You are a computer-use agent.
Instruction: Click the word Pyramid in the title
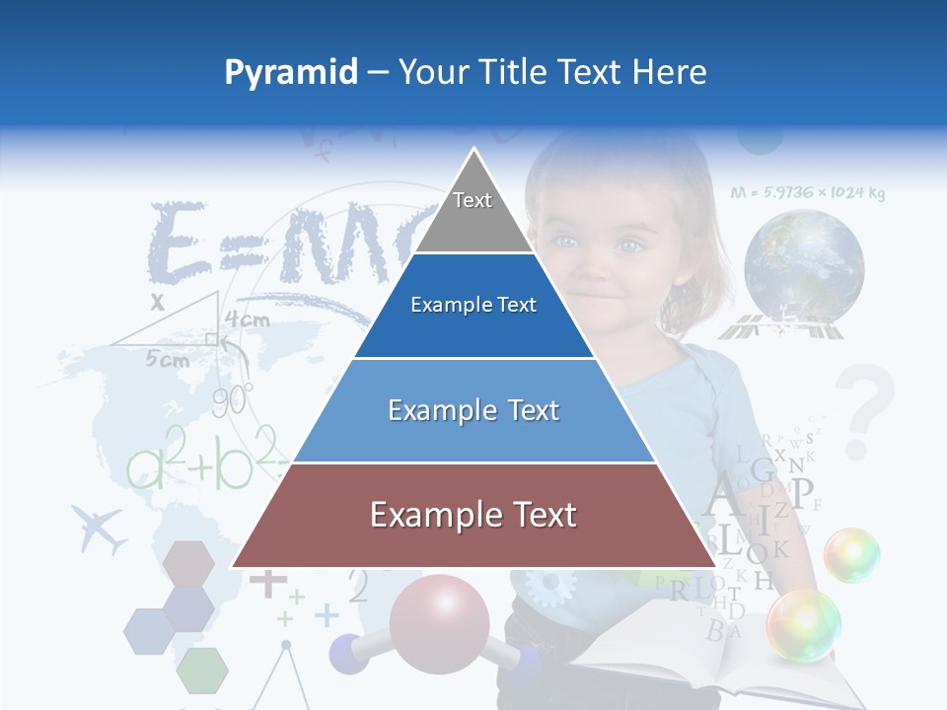(x=290, y=72)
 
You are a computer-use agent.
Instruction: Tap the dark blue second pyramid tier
(x=473, y=306)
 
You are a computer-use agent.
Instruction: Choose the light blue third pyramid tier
(x=473, y=410)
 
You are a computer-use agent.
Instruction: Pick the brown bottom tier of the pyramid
(x=473, y=516)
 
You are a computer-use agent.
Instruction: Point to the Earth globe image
(x=804, y=266)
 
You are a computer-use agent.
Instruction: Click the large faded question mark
(x=867, y=409)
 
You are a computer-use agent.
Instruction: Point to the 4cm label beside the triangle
(x=247, y=319)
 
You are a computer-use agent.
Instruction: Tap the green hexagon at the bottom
(x=202, y=671)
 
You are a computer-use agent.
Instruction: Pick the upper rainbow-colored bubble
(x=851, y=554)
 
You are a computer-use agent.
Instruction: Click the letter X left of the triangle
(x=157, y=303)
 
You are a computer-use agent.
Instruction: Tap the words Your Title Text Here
(x=552, y=72)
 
